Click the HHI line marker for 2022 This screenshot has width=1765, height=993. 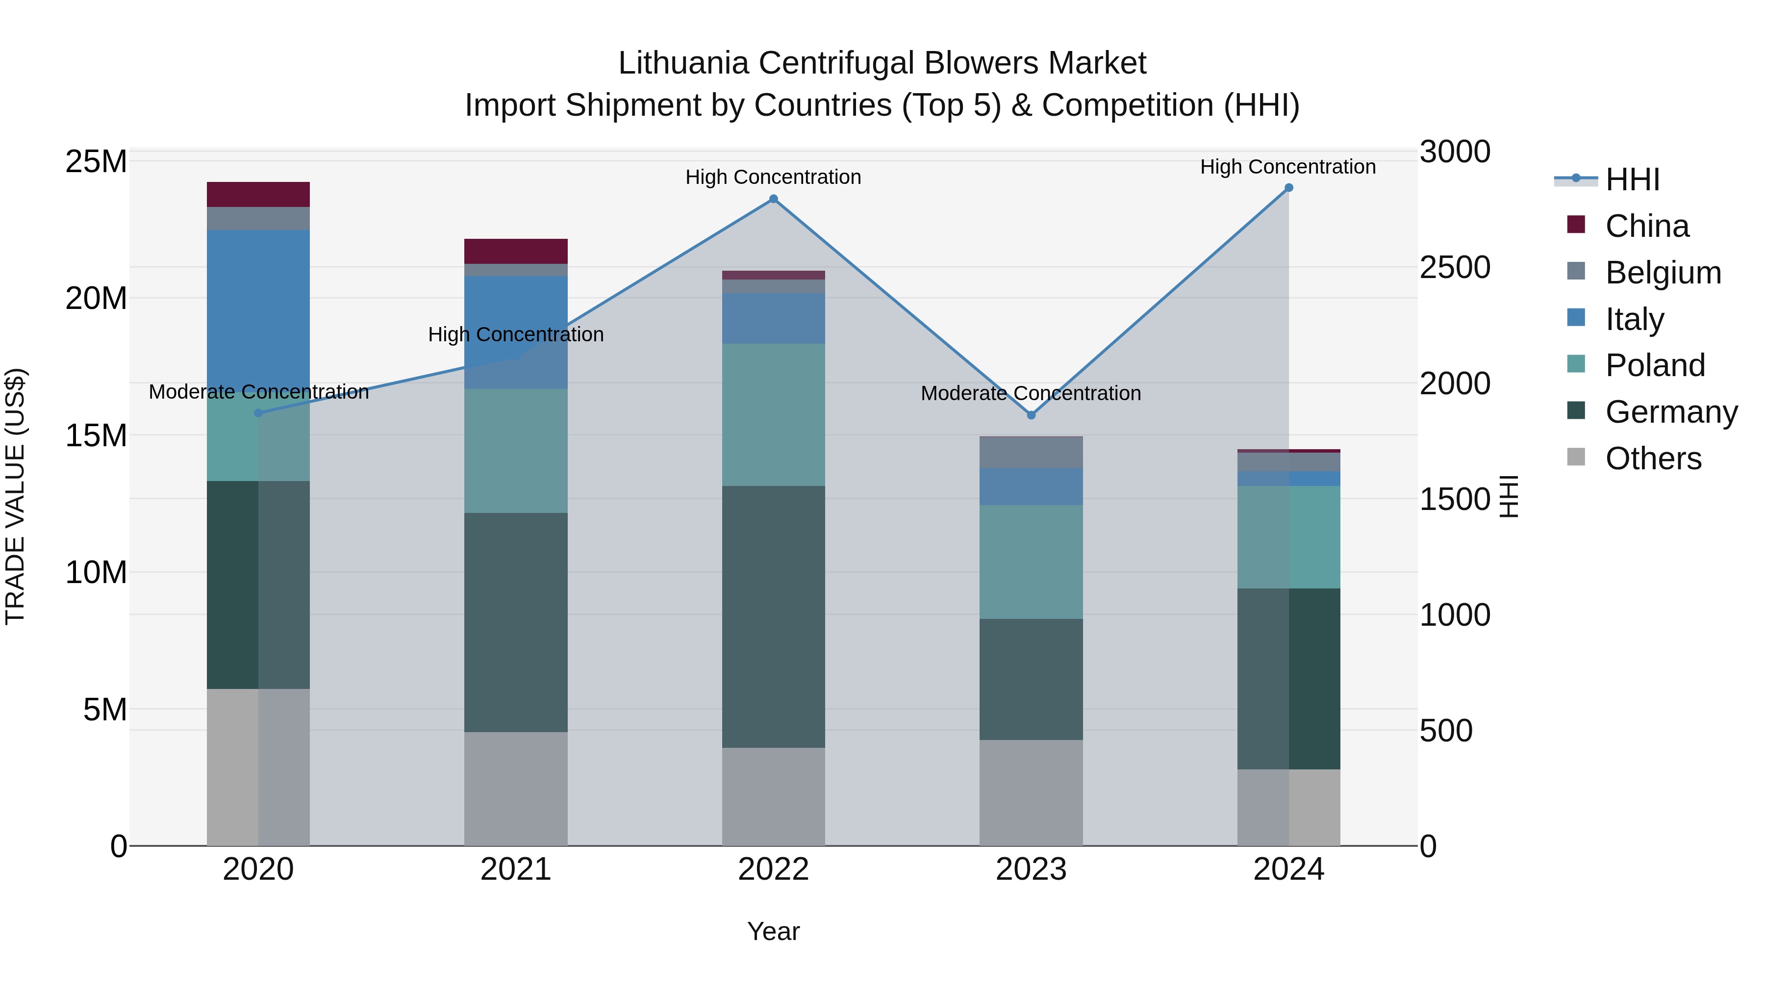point(774,199)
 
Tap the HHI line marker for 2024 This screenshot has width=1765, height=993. point(1289,188)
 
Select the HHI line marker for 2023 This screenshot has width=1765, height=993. point(1031,415)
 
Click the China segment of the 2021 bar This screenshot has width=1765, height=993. point(516,252)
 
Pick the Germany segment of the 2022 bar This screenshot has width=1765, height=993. point(774,617)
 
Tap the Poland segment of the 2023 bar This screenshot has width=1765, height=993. point(1031,562)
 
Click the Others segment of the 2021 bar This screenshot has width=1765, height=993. point(516,788)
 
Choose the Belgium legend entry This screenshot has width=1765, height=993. point(1663,273)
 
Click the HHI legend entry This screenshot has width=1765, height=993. point(1632,179)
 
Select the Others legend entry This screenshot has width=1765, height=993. point(1653,458)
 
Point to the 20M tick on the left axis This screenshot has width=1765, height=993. point(96,299)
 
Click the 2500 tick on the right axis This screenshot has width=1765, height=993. point(1455,267)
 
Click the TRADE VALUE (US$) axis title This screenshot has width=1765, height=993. point(15,497)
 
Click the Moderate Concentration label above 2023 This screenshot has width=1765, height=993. point(1031,393)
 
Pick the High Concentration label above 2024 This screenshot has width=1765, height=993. point(1288,167)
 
